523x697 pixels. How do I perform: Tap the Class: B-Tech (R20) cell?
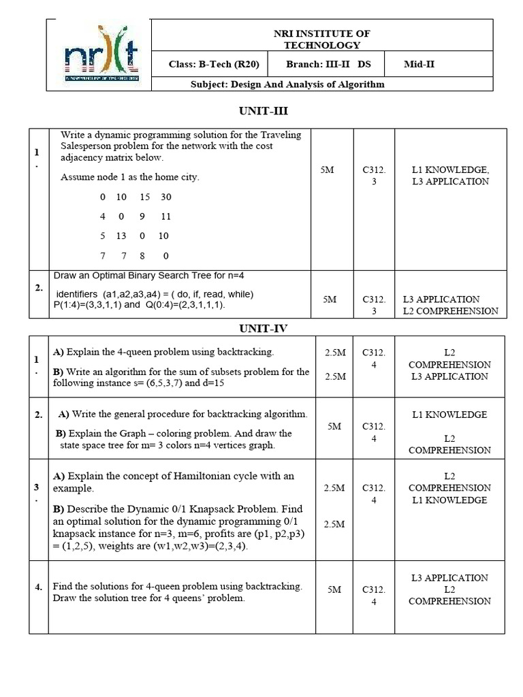pyautogui.click(x=208, y=65)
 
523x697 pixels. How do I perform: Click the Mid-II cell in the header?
pyautogui.click(x=419, y=65)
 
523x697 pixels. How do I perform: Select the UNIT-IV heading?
pyautogui.click(x=263, y=328)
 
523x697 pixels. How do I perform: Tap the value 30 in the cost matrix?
pyautogui.click(x=166, y=197)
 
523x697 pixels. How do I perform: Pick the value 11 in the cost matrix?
pyautogui.click(x=165, y=216)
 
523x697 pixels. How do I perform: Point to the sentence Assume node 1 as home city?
pyautogui.click(x=130, y=177)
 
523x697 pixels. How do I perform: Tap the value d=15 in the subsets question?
pyautogui.click(x=212, y=383)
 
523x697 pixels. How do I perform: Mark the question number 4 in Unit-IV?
pyautogui.click(x=38, y=587)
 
